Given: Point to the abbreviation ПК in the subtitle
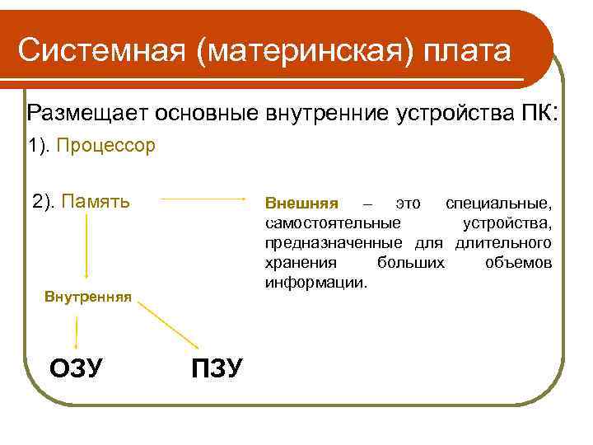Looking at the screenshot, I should tap(541, 112).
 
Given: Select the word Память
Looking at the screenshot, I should tap(96, 201).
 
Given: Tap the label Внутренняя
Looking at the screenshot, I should tap(88, 296).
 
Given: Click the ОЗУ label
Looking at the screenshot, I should tap(76, 368).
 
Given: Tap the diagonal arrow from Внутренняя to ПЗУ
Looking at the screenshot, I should tap(170, 326).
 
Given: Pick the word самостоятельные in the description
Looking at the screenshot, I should tap(334, 223).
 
